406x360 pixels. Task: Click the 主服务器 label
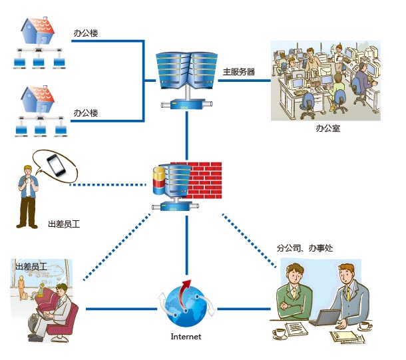[239, 71]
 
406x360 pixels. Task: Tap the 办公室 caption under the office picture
[327, 128]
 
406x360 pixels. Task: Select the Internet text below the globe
[186, 337]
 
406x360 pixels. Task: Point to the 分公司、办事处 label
[304, 248]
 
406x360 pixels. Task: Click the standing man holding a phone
[28, 196]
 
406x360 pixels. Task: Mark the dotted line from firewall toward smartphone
[106, 184]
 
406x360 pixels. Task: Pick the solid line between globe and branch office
[246, 309]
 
